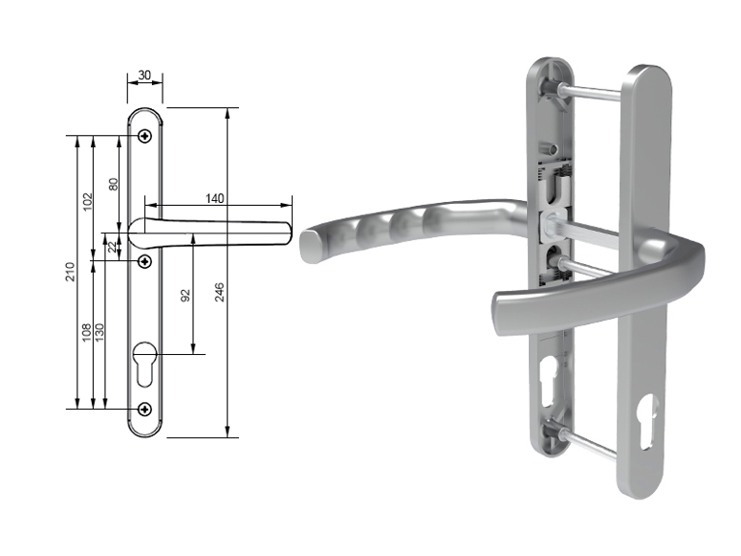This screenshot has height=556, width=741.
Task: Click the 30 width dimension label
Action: [144, 75]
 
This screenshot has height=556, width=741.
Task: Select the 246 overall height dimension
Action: [219, 292]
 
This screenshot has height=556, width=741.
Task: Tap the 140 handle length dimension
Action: [214, 198]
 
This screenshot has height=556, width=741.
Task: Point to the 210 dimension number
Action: [70, 272]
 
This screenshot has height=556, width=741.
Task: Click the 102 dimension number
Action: [87, 202]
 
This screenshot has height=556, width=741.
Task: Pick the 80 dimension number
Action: [114, 184]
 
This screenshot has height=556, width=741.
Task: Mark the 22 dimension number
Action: [112, 247]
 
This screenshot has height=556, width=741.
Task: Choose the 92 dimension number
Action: [185, 296]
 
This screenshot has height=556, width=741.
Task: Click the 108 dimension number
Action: [86, 333]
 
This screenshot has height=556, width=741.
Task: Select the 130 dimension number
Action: [98, 333]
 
